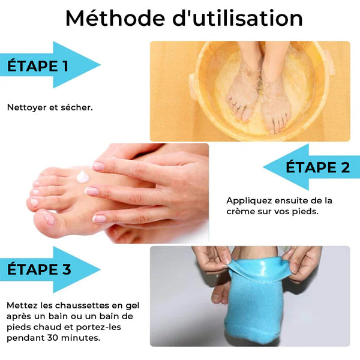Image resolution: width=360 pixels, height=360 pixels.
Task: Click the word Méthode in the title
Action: [x=115, y=19]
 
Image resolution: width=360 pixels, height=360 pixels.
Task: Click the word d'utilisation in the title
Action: [x=238, y=18]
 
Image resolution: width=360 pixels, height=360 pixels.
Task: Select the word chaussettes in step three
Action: [x=82, y=305]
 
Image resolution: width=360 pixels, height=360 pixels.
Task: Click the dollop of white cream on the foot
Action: [x=82, y=176]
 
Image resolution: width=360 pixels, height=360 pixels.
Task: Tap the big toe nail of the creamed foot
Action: [x=50, y=217]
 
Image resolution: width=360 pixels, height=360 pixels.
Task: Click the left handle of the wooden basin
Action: [x=193, y=86]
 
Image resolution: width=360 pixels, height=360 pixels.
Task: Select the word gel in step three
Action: [x=132, y=306]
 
